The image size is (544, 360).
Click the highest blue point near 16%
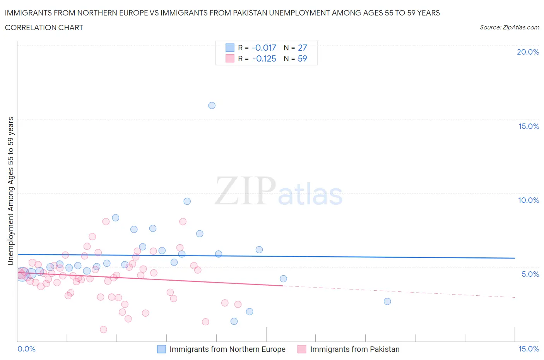tap(212, 105)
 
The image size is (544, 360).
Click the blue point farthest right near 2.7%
tap(387, 302)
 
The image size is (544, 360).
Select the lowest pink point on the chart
tap(103, 329)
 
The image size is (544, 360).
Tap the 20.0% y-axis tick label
tap(528, 52)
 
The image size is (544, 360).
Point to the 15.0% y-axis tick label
tap(529, 126)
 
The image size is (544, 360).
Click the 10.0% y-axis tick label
tap(529, 200)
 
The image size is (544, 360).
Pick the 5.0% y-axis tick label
tap(530, 274)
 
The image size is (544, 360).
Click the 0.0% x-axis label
tap(26, 349)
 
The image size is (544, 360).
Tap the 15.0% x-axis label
tap(529, 349)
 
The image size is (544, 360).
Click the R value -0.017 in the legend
tap(263, 48)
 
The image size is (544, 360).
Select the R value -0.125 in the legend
tap(264, 58)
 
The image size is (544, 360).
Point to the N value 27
tap(302, 48)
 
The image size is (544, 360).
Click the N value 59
tap(302, 58)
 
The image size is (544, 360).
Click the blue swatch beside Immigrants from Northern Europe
tap(161, 349)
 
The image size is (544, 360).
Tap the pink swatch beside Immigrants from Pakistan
tap(302, 349)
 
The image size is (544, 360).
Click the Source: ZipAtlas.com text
tap(509, 27)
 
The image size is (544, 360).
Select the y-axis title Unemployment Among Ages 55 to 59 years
tap(11, 191)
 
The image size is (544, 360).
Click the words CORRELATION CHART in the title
tap(44, 27)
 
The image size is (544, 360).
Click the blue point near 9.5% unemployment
tap(187, 201)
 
